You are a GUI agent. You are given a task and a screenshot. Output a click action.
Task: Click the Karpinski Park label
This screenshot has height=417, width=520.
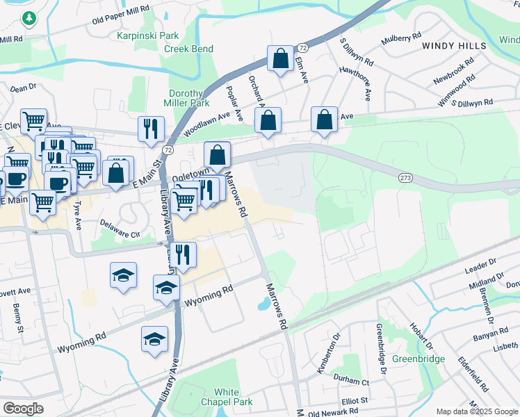[148, 35]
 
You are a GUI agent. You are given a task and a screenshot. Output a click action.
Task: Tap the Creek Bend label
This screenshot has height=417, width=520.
[188, 49]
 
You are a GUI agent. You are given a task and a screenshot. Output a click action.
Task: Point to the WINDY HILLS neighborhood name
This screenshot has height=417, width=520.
[453, 45]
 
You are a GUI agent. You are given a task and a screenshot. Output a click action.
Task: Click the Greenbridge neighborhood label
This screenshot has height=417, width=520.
[418, 359]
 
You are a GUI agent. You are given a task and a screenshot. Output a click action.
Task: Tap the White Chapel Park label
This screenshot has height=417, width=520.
[227, 398]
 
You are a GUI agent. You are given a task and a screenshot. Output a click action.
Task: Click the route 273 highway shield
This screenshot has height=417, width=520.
[407, 178]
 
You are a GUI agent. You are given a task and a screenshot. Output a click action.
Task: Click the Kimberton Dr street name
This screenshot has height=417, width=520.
[328, 354]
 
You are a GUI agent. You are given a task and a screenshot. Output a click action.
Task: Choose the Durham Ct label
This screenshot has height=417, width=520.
[351, 382]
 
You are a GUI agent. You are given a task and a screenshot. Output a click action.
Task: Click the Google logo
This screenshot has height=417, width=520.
[23, 409]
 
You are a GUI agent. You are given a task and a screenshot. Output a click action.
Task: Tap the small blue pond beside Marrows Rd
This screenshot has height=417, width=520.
[264, 304]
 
